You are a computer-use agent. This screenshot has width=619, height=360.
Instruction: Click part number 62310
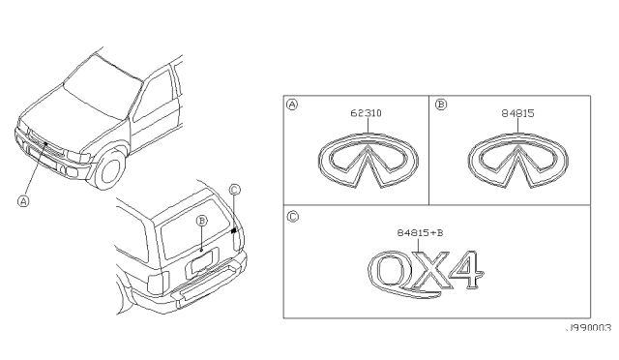point(366,113)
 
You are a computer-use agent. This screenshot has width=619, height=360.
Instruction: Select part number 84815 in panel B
point(517,113)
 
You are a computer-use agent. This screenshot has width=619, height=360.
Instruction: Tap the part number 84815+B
point(420,233)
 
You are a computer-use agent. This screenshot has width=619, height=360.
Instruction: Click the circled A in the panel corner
point(292,105)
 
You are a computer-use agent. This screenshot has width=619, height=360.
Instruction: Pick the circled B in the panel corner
point(441,105)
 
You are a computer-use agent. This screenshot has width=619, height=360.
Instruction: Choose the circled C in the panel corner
point(292,217)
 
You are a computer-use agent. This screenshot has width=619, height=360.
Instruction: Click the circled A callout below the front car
point(24,201)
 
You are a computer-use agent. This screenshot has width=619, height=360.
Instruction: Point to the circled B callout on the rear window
point(202,220)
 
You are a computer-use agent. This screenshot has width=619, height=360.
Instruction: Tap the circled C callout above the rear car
point(234,190)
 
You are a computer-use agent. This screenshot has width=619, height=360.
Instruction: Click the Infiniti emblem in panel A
point(368,161)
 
